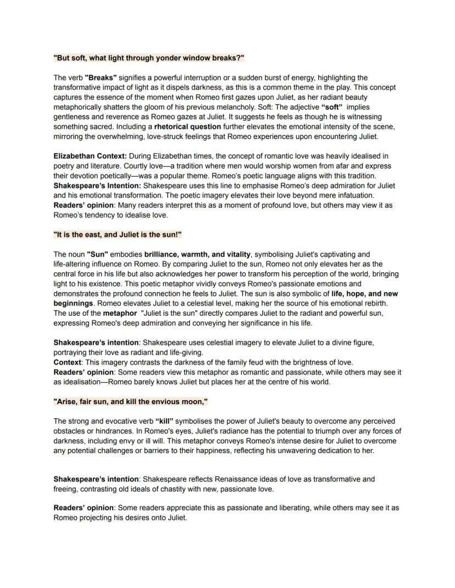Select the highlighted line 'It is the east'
click(118, 234)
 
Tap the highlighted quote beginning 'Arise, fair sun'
click(131, 401)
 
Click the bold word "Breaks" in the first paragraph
click(101, 77)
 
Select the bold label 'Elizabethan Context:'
click(90, 156)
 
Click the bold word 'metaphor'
click(119, 313)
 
